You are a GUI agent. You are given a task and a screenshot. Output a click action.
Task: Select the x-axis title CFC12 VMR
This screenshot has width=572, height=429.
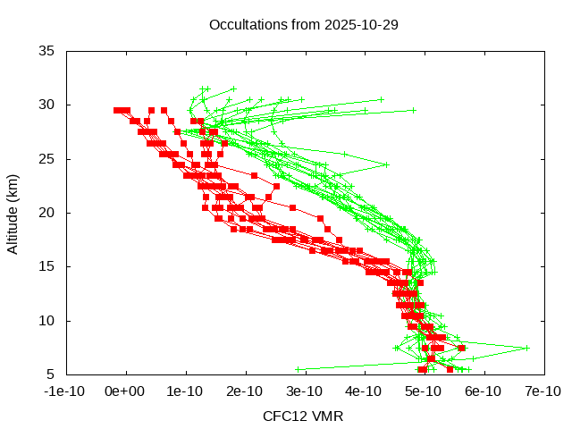pos(303,416)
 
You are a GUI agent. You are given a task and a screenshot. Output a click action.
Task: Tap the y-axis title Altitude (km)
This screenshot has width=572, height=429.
pos(13,213)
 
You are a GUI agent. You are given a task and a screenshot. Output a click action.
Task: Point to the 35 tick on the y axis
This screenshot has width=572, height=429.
pos(46,51)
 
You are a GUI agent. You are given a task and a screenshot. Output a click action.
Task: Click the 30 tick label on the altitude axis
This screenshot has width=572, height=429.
pos(46,105)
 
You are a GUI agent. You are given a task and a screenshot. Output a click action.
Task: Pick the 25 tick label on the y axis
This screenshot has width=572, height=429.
pos(46,159)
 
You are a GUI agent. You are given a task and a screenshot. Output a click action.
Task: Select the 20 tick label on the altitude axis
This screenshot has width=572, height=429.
pos(46,213)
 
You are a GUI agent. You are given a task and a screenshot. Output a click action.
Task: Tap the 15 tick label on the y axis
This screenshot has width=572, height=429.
pos(46,266)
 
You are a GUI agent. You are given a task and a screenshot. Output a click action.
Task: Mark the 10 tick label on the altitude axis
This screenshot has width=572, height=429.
pos(46,320)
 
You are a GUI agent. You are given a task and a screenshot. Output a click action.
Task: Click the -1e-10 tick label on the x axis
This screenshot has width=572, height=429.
pos(66,391)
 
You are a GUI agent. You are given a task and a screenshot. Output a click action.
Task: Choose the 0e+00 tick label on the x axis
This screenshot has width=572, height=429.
pos(126,391)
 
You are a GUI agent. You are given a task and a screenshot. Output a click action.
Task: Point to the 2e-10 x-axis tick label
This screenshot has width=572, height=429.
pos(245,391)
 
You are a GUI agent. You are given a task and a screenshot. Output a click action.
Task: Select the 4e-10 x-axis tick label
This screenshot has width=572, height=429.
pos(364,391)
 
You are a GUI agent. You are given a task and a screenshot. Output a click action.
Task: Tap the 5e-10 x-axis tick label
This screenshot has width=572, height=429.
pos(423,391)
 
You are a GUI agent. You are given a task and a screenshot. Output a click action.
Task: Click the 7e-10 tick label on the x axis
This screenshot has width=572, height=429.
pos(542,391)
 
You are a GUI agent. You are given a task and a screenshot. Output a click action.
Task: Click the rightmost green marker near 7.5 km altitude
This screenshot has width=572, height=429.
pos(527,348)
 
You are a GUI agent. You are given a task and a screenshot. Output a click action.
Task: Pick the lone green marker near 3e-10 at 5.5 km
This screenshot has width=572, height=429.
pos(299,369)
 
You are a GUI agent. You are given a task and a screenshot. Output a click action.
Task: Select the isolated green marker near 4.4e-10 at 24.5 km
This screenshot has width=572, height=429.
pos(387,164)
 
